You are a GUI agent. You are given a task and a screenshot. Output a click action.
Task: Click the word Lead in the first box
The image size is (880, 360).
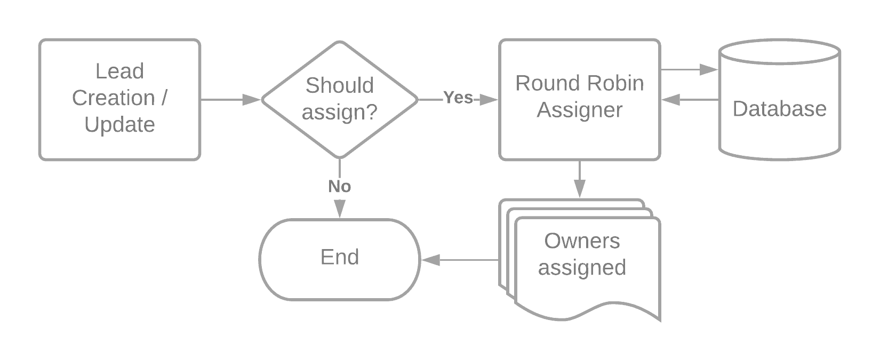point(120,71)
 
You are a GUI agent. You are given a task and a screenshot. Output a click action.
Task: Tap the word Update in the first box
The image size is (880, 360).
point(120,125)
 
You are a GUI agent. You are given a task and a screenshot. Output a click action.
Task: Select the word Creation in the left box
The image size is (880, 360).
point(114,98)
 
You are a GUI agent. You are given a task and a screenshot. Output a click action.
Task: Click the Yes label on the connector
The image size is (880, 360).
point(458,98)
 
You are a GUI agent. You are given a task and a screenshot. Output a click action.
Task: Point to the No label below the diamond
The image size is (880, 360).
point(339,186)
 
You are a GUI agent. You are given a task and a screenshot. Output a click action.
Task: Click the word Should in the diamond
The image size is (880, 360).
point(339,85)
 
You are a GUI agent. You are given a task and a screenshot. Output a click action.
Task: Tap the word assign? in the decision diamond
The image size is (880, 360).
point(339,112)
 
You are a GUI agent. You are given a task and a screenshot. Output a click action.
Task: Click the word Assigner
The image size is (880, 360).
point(579,110)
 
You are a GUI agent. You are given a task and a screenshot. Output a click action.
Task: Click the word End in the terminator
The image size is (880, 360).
point(340,257)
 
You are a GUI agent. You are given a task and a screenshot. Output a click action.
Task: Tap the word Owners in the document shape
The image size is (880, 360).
point(582,241)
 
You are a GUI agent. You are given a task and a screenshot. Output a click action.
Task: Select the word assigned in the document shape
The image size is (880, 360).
point(582,268)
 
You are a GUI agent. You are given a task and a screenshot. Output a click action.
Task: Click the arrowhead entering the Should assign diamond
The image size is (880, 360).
point(251,100)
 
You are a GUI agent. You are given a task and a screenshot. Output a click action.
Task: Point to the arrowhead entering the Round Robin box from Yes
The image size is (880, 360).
point(489,100)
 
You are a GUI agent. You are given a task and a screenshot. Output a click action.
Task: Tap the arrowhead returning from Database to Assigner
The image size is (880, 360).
point(670,100)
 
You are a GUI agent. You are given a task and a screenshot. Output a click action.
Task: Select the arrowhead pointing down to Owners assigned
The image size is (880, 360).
point(579,189)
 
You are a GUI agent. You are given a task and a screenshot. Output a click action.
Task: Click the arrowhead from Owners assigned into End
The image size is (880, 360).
point(430,260)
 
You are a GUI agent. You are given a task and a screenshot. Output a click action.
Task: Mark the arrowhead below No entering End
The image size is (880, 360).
point(339,209)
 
